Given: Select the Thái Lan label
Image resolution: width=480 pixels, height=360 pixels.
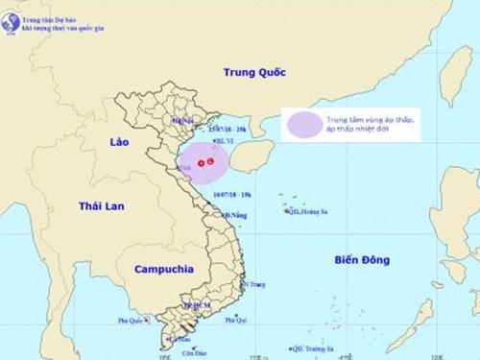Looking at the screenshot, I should pos(103,206).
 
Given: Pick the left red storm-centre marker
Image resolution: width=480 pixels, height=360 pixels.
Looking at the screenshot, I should pos(202,163).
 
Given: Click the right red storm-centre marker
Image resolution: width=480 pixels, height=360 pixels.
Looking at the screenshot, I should pos(211,162).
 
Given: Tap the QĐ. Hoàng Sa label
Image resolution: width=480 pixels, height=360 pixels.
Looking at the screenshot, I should pos(307,212).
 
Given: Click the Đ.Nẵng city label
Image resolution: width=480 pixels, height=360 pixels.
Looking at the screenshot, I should pos(234,215).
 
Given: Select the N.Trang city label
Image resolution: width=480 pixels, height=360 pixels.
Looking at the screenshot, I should pos(253,285).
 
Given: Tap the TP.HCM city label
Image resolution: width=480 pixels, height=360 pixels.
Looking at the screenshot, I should pos(195,305).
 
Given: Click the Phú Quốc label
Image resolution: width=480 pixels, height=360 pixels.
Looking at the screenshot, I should pos(131,321).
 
